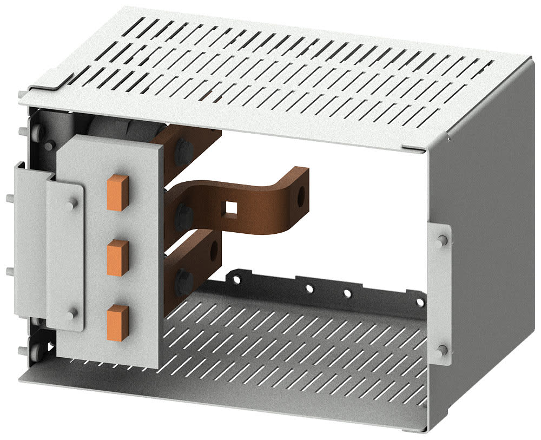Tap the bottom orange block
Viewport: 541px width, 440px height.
[x=117, y=323]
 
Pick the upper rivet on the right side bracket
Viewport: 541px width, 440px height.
[x=443, y=240]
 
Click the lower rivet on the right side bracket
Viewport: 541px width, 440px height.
[x=443, y=350]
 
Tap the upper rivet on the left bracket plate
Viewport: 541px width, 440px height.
[x=72, y=203]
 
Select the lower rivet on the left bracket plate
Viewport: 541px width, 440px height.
[x=71, y=313]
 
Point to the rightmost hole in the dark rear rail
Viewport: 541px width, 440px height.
[x=419, y=301]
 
